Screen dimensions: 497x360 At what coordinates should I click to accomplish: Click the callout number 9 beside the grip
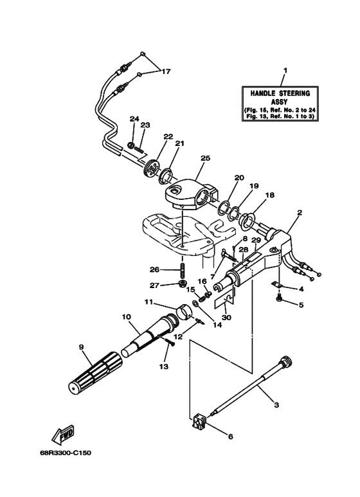pyautogui.click(x=81, y=348)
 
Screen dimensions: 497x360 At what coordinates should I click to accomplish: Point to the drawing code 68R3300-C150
pyautogui.click(x=65, y=453)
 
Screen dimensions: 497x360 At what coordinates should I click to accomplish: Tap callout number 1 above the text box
pyautogui.click(x=285, y=70)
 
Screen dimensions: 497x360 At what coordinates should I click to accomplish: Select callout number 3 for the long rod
pyautogui.click(x=276, y=406)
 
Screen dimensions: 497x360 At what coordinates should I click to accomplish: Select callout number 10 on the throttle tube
pyautogui.click(x=125, y=316)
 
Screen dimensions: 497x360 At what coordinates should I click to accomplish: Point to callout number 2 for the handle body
pyautogui.click(x=299, y=212)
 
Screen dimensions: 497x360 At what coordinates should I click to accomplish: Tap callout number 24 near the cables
pyautogui.click(x=134, y=119)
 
